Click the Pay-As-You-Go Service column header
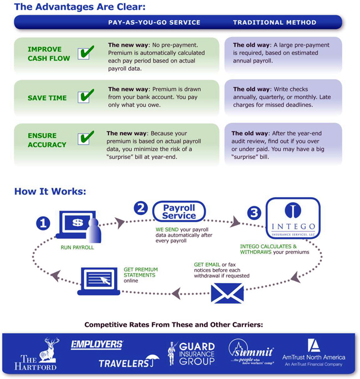coord(154,23)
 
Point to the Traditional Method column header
coord(275,23)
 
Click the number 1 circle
coord(43,223)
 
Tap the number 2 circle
coord(141,208)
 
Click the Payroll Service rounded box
coord(179,212)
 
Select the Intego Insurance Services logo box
coord(293,218)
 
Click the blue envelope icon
coord(227,293)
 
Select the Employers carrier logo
coord(97,345)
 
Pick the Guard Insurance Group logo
coord(191,354)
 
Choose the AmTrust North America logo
coord(313,352)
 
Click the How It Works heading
coord(50,192)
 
